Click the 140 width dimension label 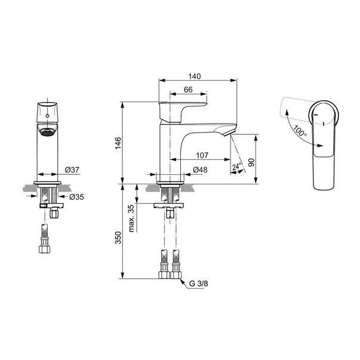pyautogui.click(x=195, y=76)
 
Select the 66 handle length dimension pyautogui.click(x=188, y=90)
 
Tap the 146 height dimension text pyautogui.click(x=118, y=143)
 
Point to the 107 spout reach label pyautogui.click(x=202, y=155)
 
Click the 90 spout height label pyautogui.click(x=251, y=162)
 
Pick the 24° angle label pyautogui.click(x=236, y=166)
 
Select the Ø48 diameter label pyautogui.click(x=200, y=170)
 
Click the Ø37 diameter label pyautogui.click(x=72, y=170)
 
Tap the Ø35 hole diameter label pyautogui.click(x=76, y=197)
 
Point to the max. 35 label pyautogui.click(x=131, y=219)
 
